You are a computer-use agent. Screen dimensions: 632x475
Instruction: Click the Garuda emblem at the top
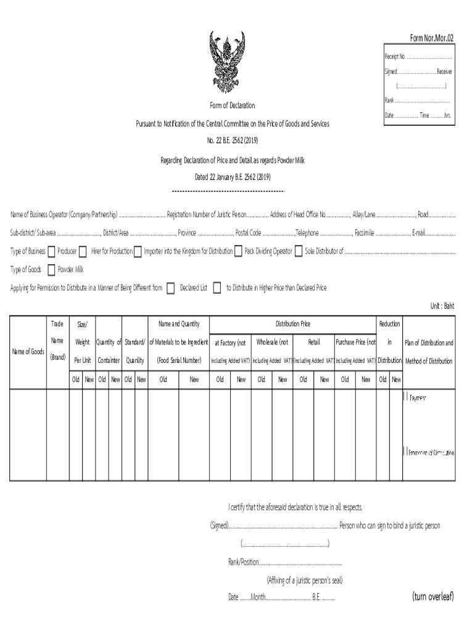[232, 62]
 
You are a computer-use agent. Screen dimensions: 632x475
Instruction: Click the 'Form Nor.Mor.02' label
[432, 38]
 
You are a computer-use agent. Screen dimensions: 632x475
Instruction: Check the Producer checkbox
[51, 251]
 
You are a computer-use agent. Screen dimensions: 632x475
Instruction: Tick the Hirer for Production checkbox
[83, 251]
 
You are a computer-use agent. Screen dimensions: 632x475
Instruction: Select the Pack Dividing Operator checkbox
[238, 251]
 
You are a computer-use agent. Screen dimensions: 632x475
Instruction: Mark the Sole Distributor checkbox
[299, 251]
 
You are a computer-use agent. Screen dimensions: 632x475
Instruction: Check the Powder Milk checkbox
[51, 270]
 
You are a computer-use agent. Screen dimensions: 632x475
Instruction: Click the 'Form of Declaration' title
[232, 106]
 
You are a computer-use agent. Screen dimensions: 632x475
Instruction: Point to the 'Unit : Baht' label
[442, 306]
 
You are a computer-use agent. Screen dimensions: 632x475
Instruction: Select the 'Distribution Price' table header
[292, 324]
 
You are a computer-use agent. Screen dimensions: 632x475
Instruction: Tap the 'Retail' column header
[313, 342]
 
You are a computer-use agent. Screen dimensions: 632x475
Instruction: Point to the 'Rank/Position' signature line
[285, 562]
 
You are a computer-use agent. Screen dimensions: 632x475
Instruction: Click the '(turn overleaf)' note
[432, 596]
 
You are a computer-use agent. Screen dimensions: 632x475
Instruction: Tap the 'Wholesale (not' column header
[272, 342]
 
